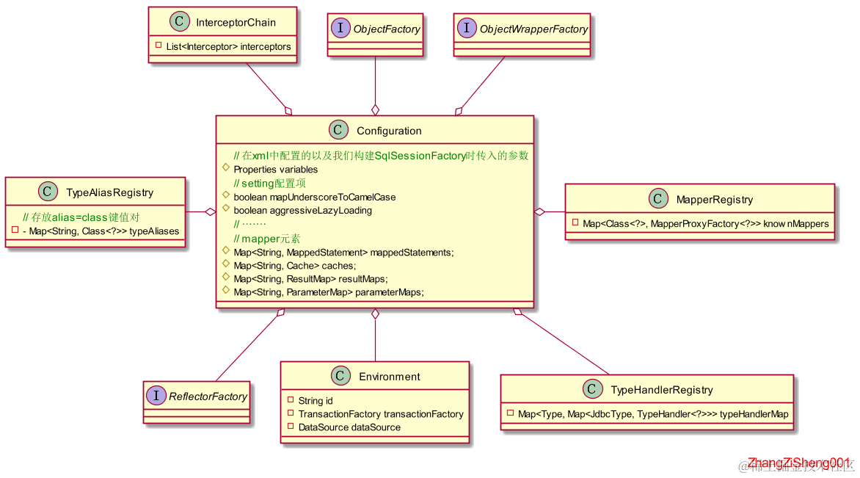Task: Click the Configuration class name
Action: point(389,131)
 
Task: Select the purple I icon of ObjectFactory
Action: point(340,29)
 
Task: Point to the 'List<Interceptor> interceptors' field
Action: point(228,46)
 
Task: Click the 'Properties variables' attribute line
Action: point(265,170)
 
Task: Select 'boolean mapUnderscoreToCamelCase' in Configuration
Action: point(314,197)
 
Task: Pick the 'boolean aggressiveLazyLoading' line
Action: point(302,210)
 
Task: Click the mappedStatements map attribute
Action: point(343,253)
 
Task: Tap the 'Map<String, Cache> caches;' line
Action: point(294,266)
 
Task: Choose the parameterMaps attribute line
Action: point(329,292)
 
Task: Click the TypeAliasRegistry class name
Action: point(109,192)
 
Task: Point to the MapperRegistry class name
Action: point(714,199)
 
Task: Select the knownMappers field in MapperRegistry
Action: point(705,223)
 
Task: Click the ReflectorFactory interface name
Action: point(208,396)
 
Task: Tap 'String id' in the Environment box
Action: point(316,401)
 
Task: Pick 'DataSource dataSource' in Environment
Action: point(349,427)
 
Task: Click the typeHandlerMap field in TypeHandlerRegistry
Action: point(653,414)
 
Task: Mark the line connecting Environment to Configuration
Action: point(375,339)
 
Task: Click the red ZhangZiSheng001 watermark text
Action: point(798,463)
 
